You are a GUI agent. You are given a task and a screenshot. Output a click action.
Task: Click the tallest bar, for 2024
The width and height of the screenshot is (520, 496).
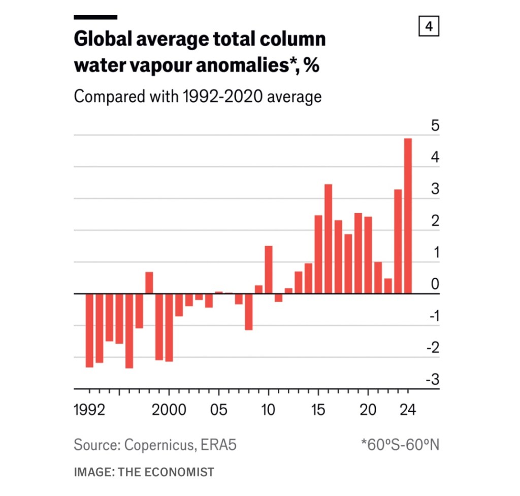coord(407,216)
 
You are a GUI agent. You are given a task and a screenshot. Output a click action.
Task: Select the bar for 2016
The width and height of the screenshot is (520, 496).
coord(328,239)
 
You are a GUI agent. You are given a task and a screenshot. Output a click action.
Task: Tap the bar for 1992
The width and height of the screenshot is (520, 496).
coord(89,330)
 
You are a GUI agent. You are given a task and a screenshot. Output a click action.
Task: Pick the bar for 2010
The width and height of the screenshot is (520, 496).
coord(269,270)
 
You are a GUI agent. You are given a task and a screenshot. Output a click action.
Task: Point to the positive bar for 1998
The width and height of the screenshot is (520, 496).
coord(149,283)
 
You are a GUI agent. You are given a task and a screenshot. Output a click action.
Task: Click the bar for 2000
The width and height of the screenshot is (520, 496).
coord(169,327)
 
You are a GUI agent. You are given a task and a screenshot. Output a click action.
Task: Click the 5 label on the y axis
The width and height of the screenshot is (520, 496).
coord(435,125)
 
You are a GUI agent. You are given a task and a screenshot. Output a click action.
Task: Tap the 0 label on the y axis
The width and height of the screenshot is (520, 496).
coord(435,284)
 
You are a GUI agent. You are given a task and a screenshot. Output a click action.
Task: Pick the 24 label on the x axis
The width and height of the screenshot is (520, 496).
coord(407,410)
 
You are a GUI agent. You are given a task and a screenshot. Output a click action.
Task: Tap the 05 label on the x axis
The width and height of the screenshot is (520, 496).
coord(219,410)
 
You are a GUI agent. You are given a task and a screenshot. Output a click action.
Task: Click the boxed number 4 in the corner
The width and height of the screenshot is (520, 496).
coord(429,26)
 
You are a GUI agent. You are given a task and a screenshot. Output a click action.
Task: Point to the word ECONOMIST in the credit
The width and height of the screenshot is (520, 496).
coord(181,472)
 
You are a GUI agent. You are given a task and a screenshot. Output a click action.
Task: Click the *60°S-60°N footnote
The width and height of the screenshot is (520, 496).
coord(400,445)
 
